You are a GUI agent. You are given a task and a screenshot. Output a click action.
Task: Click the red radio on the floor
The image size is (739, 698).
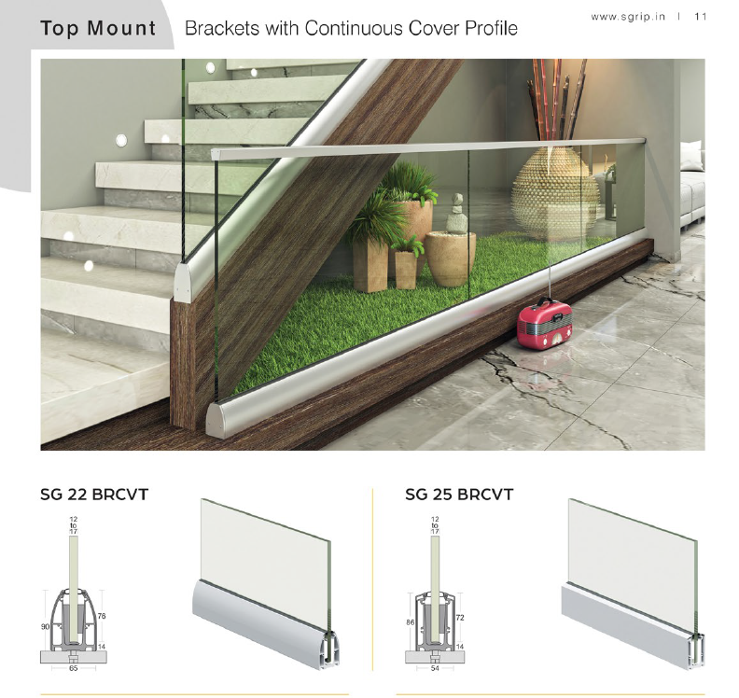click(544, 324)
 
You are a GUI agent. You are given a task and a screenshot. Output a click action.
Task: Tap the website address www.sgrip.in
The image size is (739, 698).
click(628, 17)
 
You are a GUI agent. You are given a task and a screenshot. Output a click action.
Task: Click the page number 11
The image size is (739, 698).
click(701, 17)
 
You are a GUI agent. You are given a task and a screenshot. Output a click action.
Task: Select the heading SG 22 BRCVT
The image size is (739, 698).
click(94, 495)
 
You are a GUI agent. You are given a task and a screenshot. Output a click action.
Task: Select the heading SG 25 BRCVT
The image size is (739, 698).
click(459, 495)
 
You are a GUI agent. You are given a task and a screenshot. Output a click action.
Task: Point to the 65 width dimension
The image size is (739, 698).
click(73, 668)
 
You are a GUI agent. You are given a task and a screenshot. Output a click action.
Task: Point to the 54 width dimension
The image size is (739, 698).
click(435, 668)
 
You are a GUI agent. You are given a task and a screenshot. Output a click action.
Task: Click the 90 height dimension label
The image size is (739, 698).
click(45, 627)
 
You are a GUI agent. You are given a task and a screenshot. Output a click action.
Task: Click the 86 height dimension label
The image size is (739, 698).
click(411, 622)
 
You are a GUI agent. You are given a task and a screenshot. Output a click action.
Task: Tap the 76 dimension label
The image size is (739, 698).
click(102, 616)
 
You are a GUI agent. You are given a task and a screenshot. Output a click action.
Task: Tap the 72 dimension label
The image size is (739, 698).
click(460, 618)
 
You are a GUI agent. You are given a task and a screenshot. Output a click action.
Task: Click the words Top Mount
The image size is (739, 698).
click(98, 28)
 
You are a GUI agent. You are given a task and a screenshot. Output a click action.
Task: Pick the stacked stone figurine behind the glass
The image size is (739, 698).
click(457, 214)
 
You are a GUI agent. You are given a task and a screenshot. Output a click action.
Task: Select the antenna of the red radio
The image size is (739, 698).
click(549, 281)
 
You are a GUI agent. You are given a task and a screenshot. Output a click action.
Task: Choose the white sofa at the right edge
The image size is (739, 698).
click(692, 187)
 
